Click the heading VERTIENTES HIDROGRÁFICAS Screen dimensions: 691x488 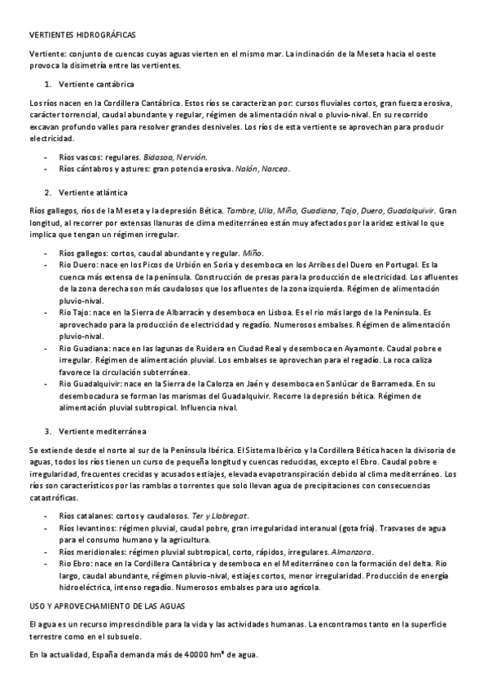77,36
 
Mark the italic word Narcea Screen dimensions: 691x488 275,169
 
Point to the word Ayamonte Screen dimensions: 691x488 343,347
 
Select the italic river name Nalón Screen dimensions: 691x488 244,169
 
